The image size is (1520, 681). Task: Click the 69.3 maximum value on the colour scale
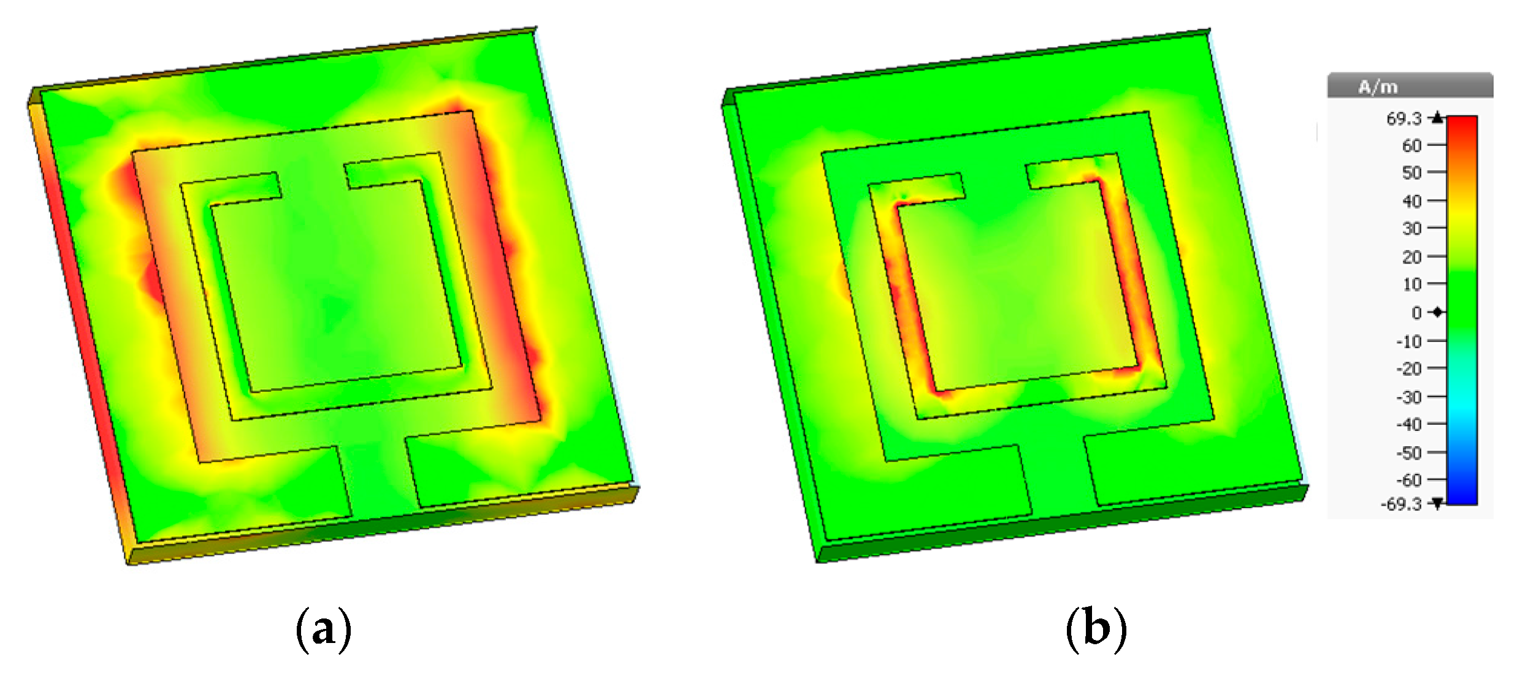[1404, 118]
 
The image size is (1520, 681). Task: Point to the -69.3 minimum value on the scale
[1400, 504]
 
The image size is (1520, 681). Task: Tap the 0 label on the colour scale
[1416, 313]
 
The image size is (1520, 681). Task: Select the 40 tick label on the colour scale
[1411, 201]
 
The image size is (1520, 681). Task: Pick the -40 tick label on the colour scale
[1409, 424]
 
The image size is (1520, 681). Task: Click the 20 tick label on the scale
[1411, 257]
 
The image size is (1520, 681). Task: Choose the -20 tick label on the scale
[1409, 368]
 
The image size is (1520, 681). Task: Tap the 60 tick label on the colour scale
[1411, 145]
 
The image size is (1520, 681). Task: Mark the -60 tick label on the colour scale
[1409, 480]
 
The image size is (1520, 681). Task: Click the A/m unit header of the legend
[1378, 87]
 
